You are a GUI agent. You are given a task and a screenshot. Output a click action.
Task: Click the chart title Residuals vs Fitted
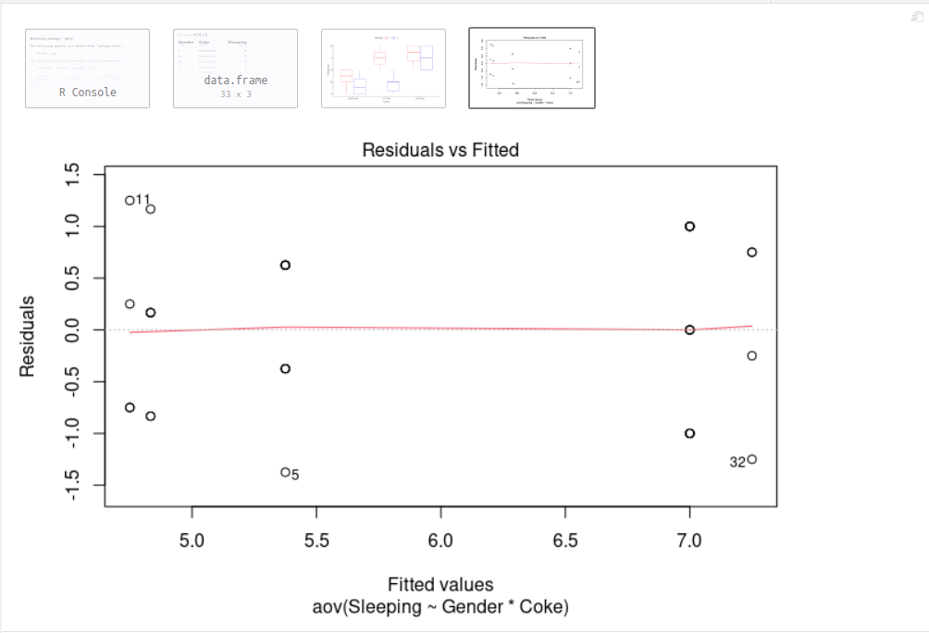pos(440,149)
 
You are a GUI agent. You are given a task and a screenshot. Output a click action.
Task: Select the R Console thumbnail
pos(87,68)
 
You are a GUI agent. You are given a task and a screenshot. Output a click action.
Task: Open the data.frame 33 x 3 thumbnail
pos(235,68)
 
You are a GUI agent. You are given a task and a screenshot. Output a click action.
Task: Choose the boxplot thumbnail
pos(383,68)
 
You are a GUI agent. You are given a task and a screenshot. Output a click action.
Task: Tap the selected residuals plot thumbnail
pos(532,68)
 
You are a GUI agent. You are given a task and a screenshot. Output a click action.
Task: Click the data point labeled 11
pos(130,200)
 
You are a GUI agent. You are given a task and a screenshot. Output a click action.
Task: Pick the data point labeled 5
pos(285,472)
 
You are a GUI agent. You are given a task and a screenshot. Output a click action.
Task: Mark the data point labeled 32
pos(752,459)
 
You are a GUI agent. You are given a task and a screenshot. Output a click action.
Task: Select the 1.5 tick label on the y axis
pos(73,174)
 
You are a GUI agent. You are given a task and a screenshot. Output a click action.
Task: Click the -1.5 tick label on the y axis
pos(73,483)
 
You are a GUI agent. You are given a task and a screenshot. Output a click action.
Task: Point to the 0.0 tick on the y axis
pos(73,329)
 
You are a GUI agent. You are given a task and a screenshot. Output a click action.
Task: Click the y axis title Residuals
pos(28,335)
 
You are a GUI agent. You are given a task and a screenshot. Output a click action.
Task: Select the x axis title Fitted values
pos(440,585)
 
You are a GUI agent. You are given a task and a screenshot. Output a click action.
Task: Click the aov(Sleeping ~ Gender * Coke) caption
pos(440,607)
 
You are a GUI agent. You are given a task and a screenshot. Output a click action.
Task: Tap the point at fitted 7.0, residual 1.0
pos(689,226)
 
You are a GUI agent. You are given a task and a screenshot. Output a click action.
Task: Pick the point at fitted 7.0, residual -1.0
pos(689,433)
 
